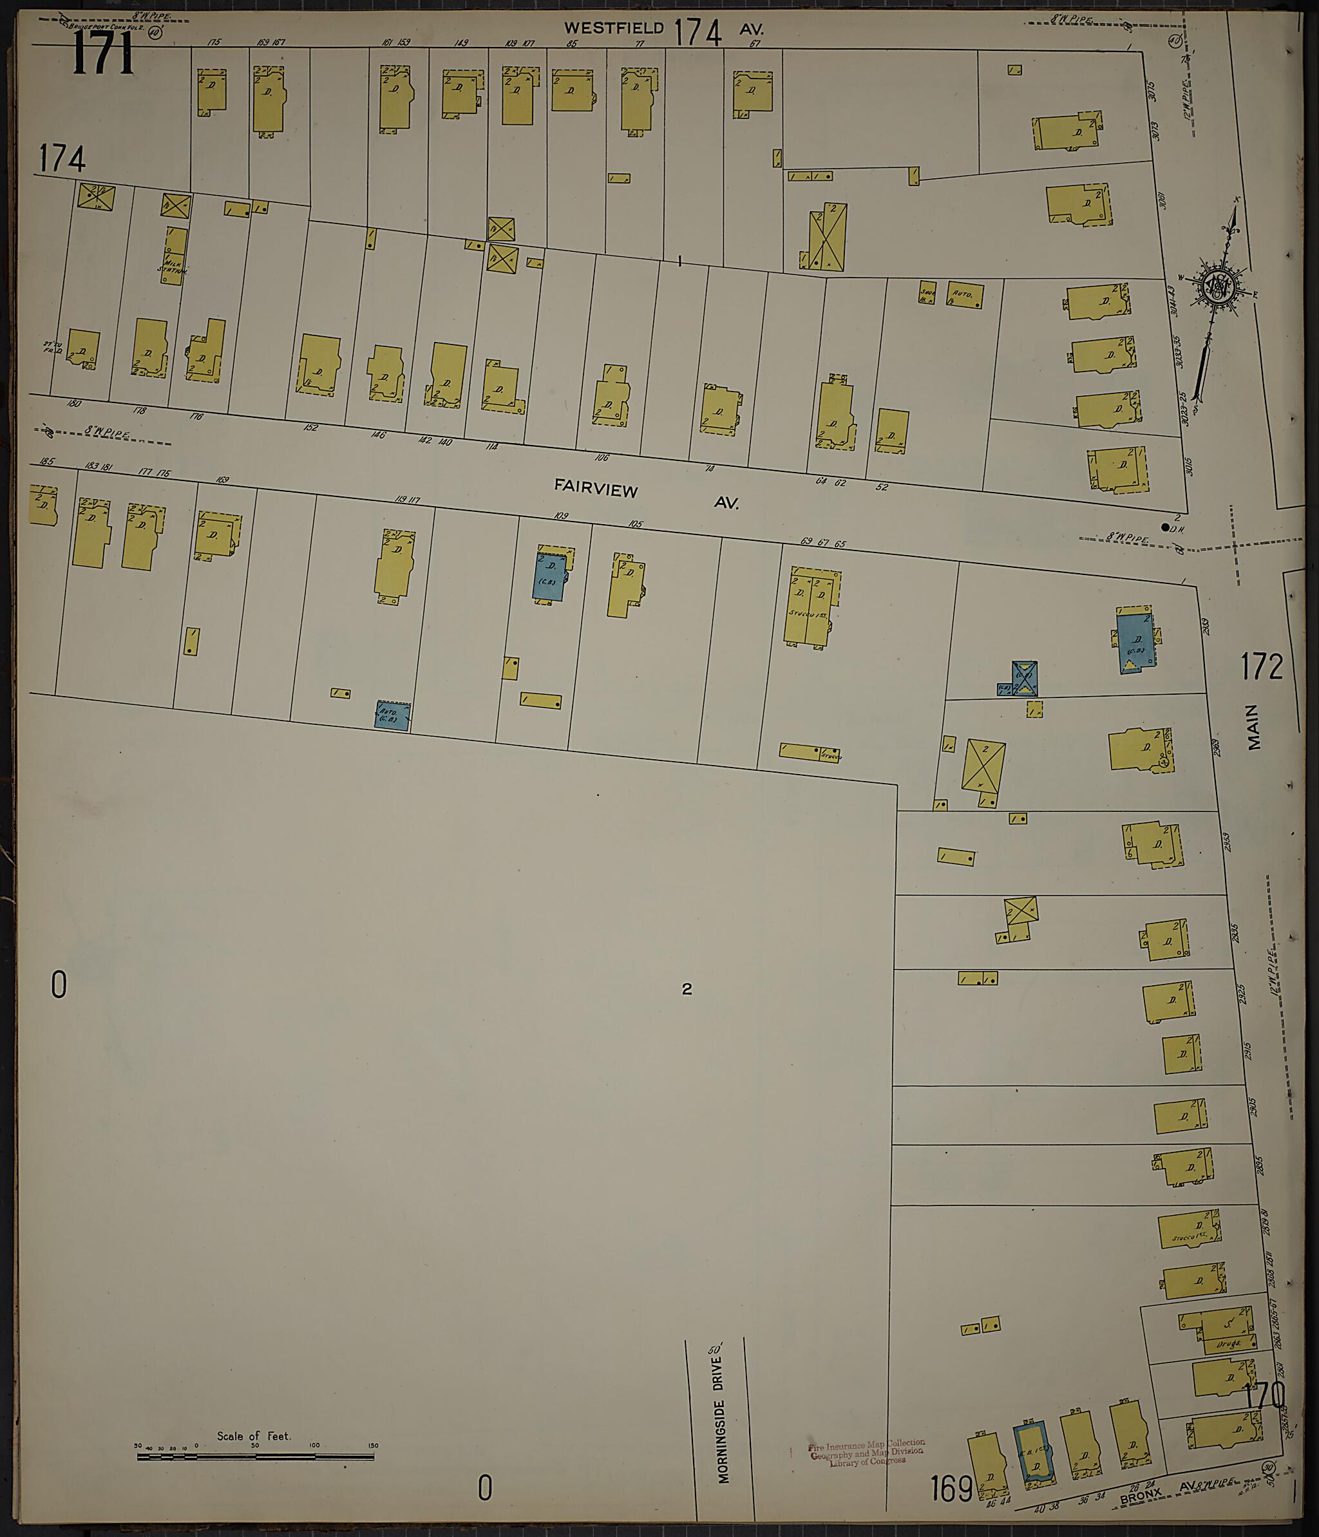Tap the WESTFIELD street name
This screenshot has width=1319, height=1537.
614,28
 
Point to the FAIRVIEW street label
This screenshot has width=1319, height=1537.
596,488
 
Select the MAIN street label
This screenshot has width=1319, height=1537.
1254,727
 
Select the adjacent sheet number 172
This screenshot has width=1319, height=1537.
1262,666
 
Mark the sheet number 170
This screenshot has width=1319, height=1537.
1265,1395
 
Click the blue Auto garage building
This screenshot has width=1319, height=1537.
391,716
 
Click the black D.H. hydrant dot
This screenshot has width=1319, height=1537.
1164,527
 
